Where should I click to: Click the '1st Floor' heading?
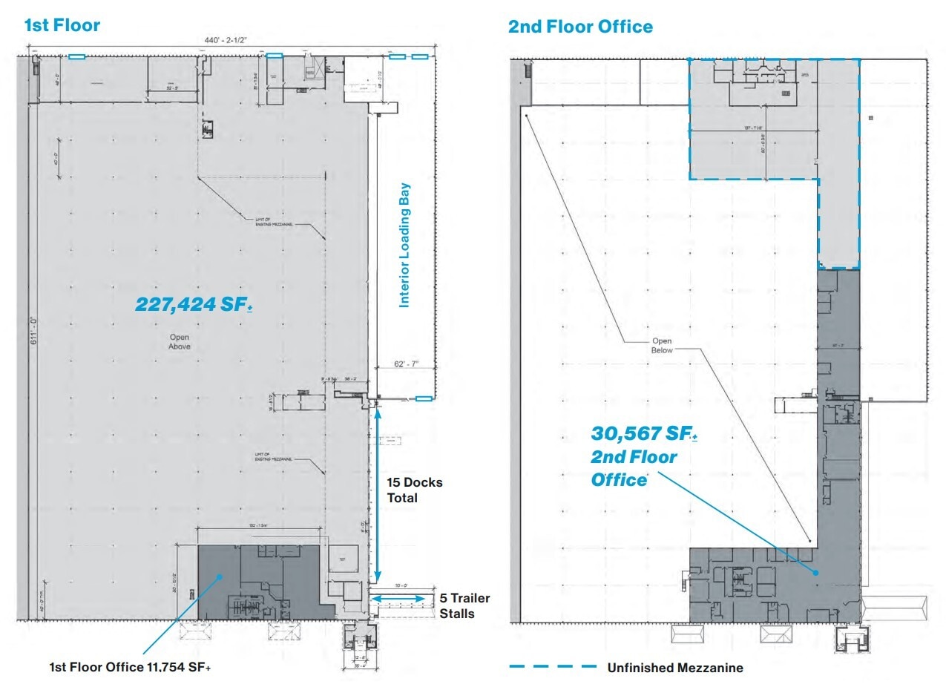[62, 25]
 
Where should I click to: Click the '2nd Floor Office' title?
[580, 27]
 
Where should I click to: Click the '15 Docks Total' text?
[414, 490]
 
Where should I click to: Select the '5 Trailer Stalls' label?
[464, 606]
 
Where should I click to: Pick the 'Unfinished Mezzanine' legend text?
[675, 668]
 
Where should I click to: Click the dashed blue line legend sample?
[553, 667]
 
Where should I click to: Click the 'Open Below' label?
[662, 346]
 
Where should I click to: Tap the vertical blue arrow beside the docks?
[379, 493]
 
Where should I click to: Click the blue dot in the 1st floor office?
[220, 576]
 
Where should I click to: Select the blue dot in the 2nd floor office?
[815, 573]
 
